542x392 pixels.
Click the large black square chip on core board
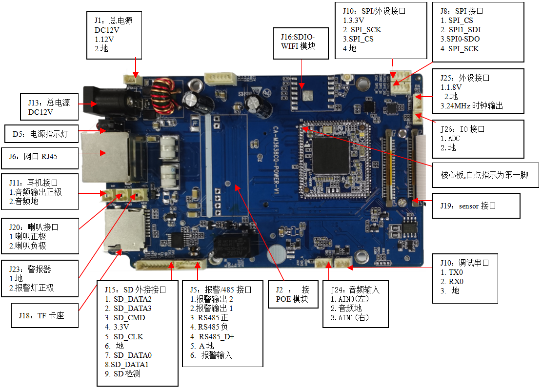333,156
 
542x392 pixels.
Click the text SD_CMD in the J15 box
129,318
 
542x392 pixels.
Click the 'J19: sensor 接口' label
476,206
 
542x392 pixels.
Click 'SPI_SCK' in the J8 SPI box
460,49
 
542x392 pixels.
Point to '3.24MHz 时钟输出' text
471,106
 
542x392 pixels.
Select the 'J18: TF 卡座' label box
44,316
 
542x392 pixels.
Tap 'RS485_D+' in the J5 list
212,336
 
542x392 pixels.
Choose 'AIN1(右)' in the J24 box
350,317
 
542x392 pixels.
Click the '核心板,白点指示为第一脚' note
485,175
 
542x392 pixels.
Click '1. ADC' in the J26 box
450,139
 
